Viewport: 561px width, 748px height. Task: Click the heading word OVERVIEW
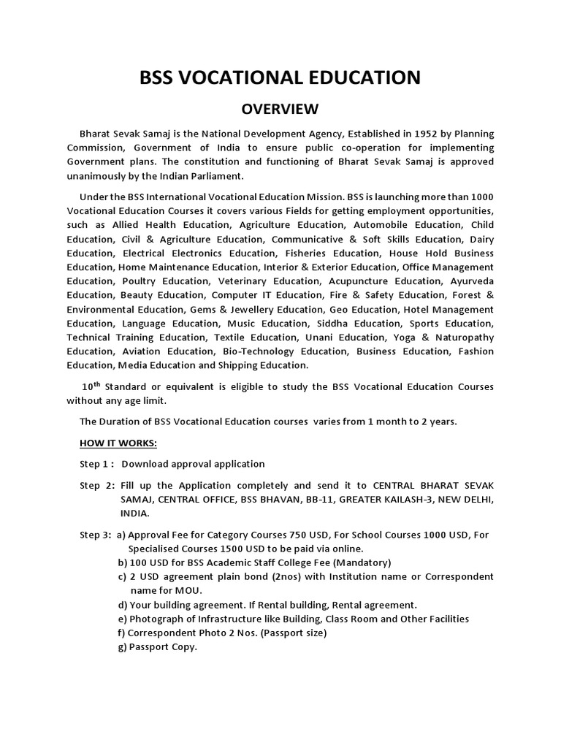pos(280,110)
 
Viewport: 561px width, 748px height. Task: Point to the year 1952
pos(386,134)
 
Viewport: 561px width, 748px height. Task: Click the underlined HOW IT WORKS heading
pos(118,443)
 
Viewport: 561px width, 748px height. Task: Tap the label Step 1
pos(96,464)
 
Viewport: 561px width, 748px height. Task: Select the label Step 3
pos(95,535)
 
